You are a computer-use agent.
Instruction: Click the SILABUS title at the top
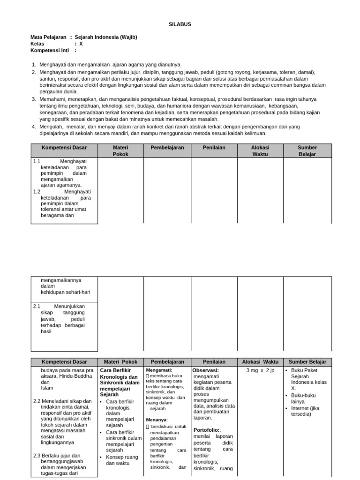coord(180,24)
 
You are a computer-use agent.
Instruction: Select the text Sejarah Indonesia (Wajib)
coord(106,37)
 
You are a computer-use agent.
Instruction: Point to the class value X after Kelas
coord(81,44)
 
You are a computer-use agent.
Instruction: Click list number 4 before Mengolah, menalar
coord(33,127)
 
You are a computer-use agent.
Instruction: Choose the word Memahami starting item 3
coord(53,99)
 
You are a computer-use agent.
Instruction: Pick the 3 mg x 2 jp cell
coord(260,370)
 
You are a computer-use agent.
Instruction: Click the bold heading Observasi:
coord(206,370)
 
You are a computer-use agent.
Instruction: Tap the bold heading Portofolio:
coord(207,430)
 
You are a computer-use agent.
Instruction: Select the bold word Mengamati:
coord(159,370)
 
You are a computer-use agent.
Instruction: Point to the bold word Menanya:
coord(157,420)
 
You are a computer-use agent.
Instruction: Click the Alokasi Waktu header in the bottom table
coord(260,362)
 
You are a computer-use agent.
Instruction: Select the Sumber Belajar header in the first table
coord(307,150)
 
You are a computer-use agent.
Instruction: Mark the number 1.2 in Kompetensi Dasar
coord(37,192)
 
